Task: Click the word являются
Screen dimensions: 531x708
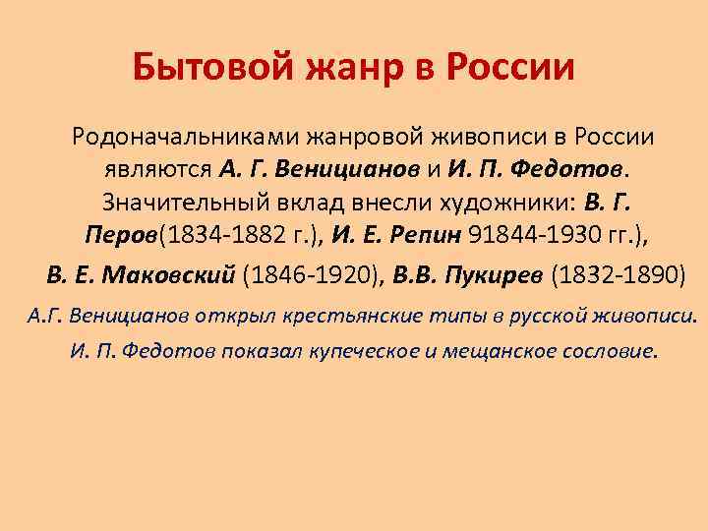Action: (157, 169)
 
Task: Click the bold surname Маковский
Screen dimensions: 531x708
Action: (176, 273)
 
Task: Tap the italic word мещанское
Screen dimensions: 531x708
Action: (501, 351)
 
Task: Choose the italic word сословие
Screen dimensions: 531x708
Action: (609, 351)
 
